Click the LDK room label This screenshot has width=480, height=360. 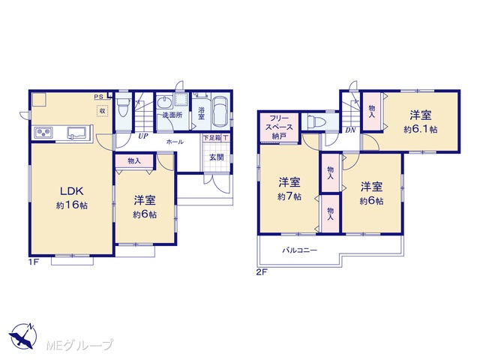(71, 191)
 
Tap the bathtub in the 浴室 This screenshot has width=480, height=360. (220, 112)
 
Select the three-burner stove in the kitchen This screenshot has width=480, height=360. (43, 132)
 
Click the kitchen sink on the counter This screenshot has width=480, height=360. (77, 132)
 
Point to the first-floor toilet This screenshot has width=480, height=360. (124, 107)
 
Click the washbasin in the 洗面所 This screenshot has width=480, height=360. (165, 102)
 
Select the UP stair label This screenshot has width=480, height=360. (142, 136)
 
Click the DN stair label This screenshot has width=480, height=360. (350, 130)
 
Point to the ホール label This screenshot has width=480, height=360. (175, 142)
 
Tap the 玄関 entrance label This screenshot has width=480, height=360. (217, 157)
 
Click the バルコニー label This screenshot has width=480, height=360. (300, 250)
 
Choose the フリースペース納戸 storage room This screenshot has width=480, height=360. (279, 127)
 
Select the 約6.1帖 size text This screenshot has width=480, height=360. (420, 130)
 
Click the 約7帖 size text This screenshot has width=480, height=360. (289, 196)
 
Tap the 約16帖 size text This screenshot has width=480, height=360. (72, 205)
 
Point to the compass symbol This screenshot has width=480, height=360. (22, 336)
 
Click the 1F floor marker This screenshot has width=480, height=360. (33, 262)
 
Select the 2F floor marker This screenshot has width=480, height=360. (262, 271)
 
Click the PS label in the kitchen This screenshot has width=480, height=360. (98, 97)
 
